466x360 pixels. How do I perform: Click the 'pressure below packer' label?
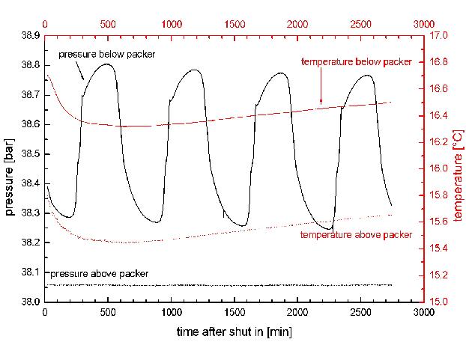(x=106, y=56)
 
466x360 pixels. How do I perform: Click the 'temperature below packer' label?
(x=356, y=61)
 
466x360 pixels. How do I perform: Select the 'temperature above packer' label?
(x=356, y=234)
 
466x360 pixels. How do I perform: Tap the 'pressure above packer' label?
(x=97, y=274)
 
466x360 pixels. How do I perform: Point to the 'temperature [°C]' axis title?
(x=458, y=168)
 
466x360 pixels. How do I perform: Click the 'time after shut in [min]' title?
(x=234, y=331)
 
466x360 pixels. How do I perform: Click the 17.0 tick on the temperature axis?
(x=437, y=36)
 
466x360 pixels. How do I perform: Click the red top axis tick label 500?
(x=109, y=23)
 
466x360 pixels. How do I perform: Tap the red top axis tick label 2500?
(x=360, y=23)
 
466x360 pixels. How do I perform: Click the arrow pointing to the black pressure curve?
(x=81, y=71)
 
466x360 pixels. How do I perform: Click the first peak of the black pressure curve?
(x=109, y=64)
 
